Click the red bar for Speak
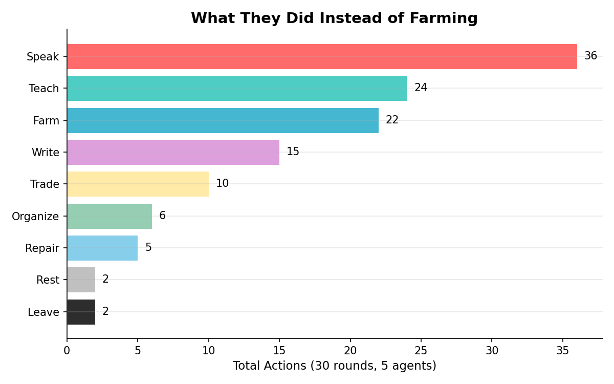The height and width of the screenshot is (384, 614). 322,56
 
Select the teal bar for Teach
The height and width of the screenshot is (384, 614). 237,88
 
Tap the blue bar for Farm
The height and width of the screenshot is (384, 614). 223,120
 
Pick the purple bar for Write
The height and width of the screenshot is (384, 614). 173,152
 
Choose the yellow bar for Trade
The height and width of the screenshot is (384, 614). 138,184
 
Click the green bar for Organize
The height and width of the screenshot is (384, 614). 109,216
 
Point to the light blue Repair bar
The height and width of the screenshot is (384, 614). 102,248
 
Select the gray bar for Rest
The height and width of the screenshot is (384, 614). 81,280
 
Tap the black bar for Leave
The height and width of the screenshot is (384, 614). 81,312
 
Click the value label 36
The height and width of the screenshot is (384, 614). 590,56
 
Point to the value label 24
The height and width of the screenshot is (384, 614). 421,88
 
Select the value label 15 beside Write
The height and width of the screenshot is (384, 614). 293,152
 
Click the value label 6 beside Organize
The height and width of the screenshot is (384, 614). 162,216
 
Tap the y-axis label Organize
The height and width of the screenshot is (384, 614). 35,217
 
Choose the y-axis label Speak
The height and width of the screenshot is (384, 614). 43,57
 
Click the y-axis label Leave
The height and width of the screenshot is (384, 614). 43,312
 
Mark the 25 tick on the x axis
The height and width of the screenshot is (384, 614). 421,351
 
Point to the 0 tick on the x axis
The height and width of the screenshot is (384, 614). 67,351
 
